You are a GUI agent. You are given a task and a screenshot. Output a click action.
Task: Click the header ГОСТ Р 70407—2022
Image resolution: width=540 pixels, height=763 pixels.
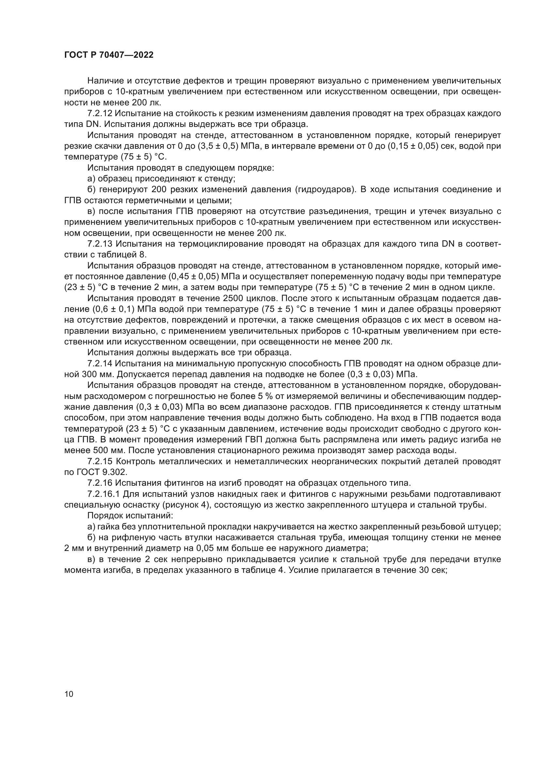[x=109, y=55]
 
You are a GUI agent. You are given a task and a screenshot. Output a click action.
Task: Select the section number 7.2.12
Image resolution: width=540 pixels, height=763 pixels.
[x=100, y=114]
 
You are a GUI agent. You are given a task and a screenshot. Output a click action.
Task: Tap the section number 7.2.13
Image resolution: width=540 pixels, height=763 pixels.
[x=100, y=244]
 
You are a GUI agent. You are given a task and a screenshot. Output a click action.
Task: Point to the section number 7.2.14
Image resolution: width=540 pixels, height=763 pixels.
[x=100, y=363]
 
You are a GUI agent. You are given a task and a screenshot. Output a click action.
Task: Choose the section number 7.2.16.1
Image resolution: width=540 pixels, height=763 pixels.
[x=103, y=494]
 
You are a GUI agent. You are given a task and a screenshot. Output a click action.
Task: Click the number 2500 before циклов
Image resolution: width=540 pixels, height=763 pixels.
[x=198, y=298]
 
